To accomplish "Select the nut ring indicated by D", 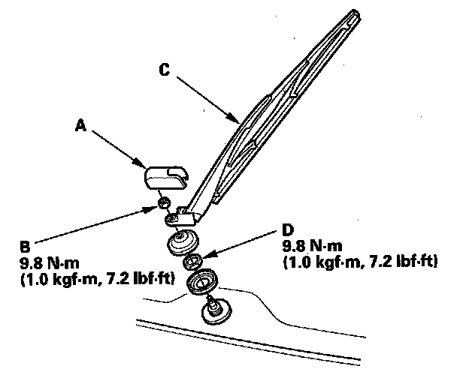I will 193,261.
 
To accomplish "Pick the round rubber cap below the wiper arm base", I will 181,243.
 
